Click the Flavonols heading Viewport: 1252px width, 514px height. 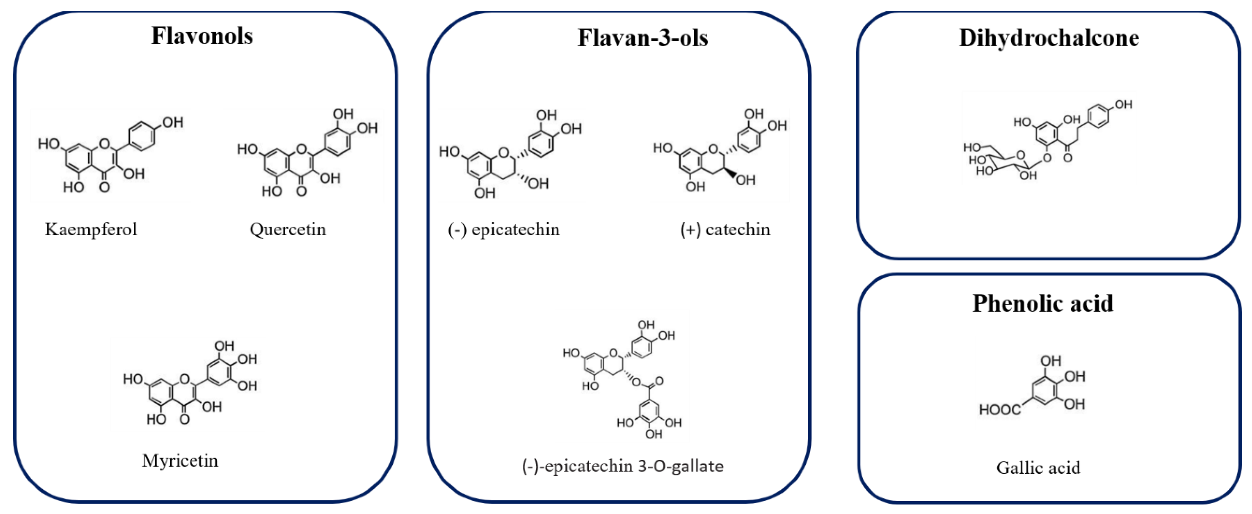pos(202,36)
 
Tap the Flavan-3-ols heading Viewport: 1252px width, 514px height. pos(642,38)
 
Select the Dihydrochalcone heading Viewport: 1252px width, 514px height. pos(1049,38)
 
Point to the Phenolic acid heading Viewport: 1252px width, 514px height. pos(1043,304)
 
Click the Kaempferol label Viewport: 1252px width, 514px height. pos(91,229)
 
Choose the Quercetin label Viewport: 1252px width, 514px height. pos(288,229)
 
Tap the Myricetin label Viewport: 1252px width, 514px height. pos(180,461)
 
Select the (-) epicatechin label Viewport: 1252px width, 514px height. pos(504,229)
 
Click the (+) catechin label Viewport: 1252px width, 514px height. pos(725,229)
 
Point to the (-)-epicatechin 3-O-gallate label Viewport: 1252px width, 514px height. pos(623,466)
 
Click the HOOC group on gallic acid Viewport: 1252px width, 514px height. pos(1000,410)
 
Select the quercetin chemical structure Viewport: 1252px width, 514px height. pos(306,155)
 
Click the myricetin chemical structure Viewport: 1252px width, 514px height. pos(189,384)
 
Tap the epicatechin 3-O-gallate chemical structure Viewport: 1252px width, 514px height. pos(625,379)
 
